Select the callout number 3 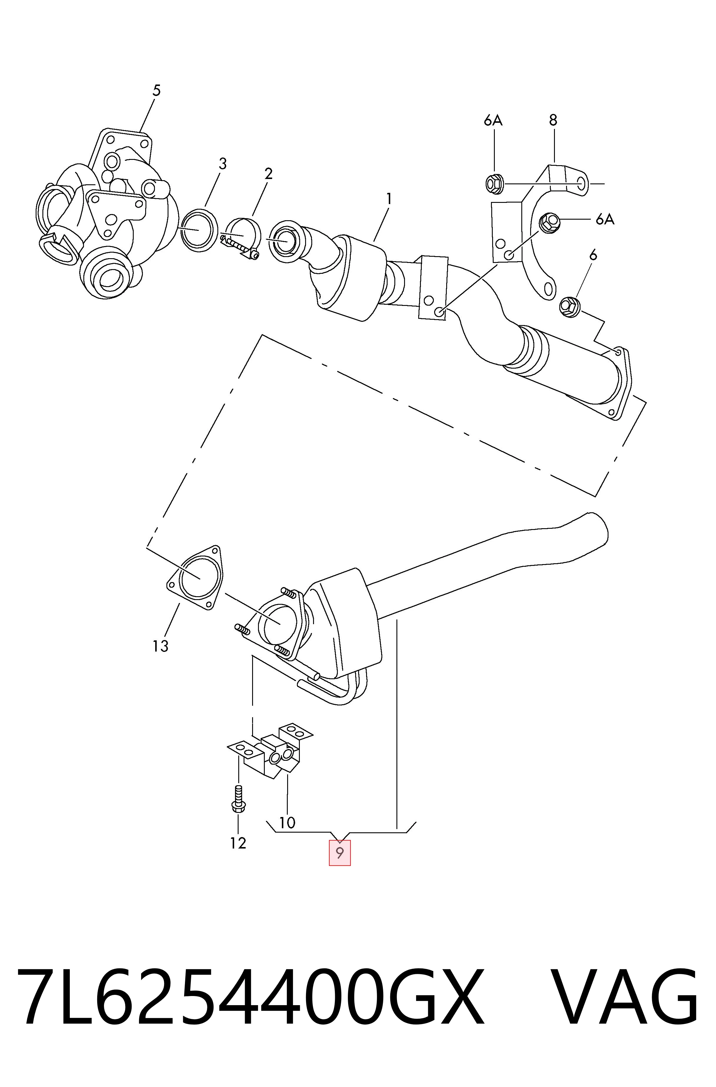point(223,163)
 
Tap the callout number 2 point(268,173)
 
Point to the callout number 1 point(389,199)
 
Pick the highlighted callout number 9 point(340,852)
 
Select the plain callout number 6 point(593,255)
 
